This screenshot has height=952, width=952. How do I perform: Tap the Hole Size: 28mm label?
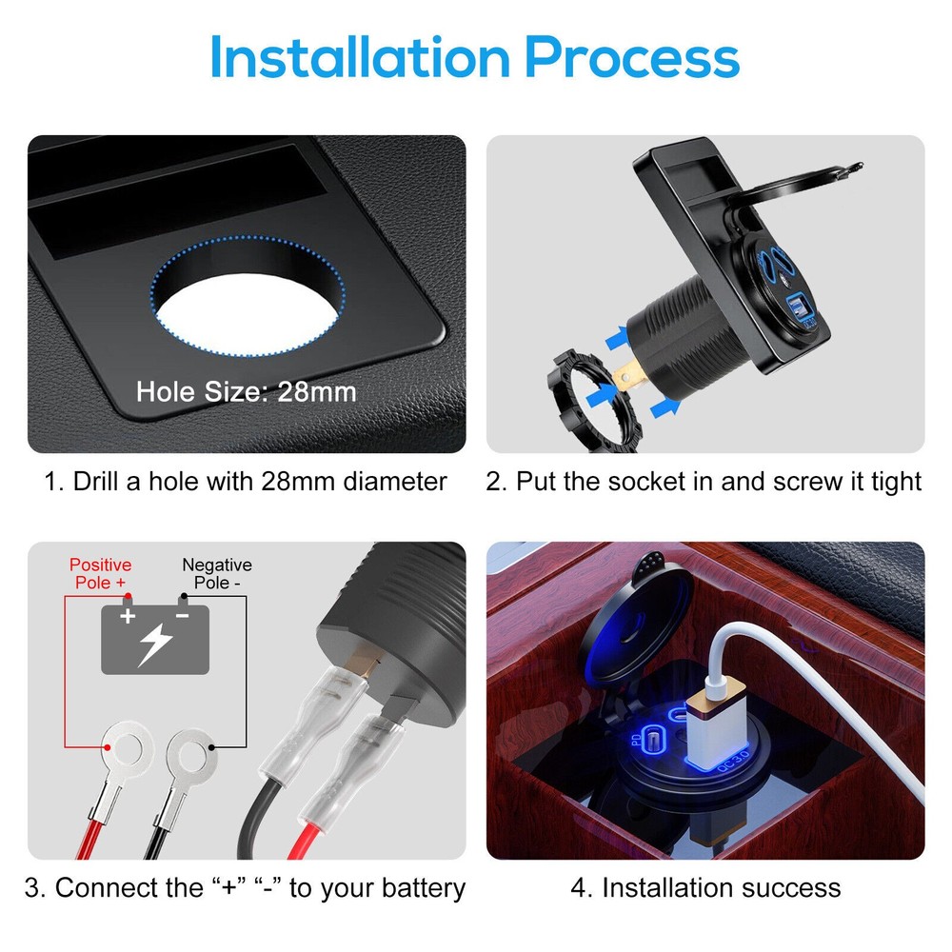coord(246,391)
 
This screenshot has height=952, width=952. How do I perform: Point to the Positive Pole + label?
coord(100,573)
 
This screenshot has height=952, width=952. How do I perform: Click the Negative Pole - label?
coord(217,573)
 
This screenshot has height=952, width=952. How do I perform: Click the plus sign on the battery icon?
coord(128,616)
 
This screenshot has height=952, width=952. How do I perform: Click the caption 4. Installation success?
coord(705,888)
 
